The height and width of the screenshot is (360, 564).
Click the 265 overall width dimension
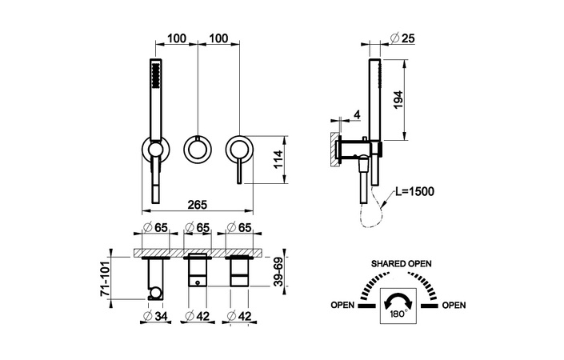(198, 204)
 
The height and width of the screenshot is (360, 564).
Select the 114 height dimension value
(278, 160)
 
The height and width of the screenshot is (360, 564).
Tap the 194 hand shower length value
(398, 101)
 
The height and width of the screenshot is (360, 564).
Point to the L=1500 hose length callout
(414, 191)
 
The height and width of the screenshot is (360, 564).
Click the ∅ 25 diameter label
(402, 38)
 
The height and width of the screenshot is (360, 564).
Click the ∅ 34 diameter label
(156, 316)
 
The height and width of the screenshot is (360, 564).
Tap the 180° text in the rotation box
(399, 314)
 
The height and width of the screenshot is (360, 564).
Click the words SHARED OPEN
(402, 264)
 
